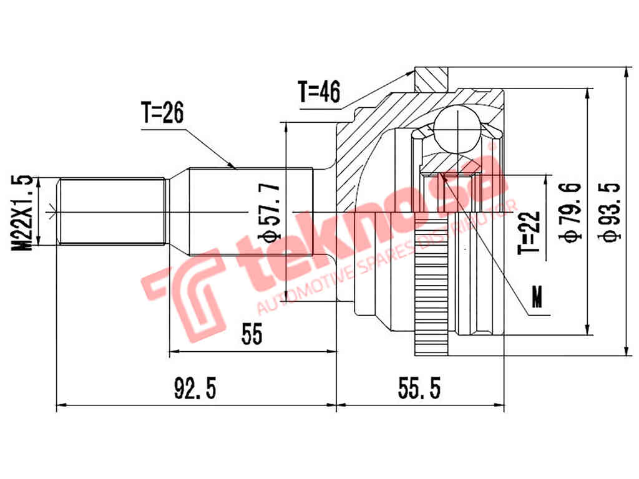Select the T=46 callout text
(x=318, y=92)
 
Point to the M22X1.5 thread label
(x=24, y=213)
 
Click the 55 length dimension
(x=251, y=336)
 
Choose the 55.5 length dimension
(x=419, y=389)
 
